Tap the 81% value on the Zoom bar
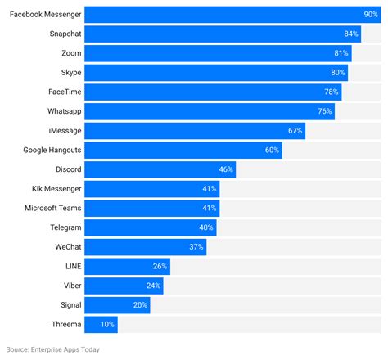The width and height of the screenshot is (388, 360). click(x=341, y=53)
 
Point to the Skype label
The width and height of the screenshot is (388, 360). click(x=70, y=73)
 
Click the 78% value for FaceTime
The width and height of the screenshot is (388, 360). click(x=332, y=92)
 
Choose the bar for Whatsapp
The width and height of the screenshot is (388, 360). click(x=210, y=111)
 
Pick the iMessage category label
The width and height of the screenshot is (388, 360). click(x=64, y=131)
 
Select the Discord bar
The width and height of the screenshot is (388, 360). click(x=160, y=169)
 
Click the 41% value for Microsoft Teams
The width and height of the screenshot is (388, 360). click(x=210, y=209)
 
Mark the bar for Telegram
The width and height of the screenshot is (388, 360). click(x=151, y=227)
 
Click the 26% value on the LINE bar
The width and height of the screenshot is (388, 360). click(x=160, y=267)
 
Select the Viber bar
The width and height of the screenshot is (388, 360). click(x=124, y=286)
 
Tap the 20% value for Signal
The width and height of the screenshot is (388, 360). click(x=140, y=305)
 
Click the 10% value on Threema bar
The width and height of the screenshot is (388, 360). click(x=107, y=325)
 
